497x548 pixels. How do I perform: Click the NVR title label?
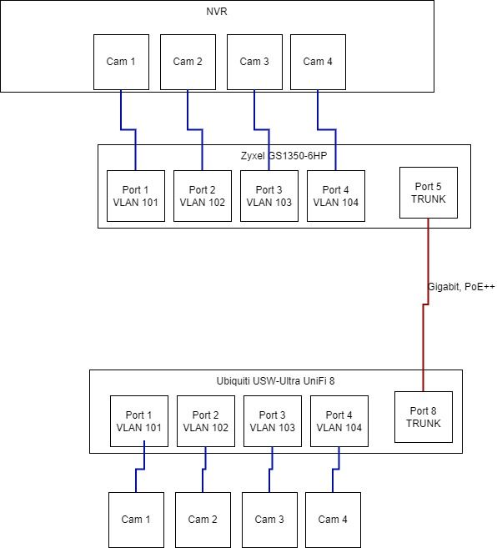coord(217,12)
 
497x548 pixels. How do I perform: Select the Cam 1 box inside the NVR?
coord(121,62)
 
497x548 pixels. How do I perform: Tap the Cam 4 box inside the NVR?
coord(318,62)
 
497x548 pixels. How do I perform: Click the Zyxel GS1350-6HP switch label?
coord(284,155)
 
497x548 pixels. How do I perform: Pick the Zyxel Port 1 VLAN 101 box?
coord(136,196)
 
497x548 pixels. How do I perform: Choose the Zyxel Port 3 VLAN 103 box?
coord(269,196)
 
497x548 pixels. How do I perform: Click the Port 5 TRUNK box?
coord(429,193)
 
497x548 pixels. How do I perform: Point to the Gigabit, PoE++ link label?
coord(461,287)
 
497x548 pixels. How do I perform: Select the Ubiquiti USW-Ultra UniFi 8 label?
coord(275,380)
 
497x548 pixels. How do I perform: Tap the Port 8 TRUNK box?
coord(424,417)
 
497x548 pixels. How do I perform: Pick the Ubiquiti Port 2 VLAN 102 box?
coord(206,421)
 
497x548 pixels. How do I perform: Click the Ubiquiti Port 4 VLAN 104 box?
coord(339,421)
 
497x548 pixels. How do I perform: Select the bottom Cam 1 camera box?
coord(136,520)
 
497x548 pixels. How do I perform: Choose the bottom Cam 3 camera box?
coord(270,520)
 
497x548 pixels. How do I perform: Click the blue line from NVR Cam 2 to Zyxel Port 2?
coord(195,129)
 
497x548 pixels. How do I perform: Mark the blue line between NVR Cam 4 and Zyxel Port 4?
coord(327,129)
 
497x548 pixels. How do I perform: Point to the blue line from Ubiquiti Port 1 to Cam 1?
coord(140,469)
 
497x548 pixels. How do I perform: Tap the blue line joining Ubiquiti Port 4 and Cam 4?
coord(335,469)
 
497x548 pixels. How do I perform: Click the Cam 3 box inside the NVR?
coord(255,62)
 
